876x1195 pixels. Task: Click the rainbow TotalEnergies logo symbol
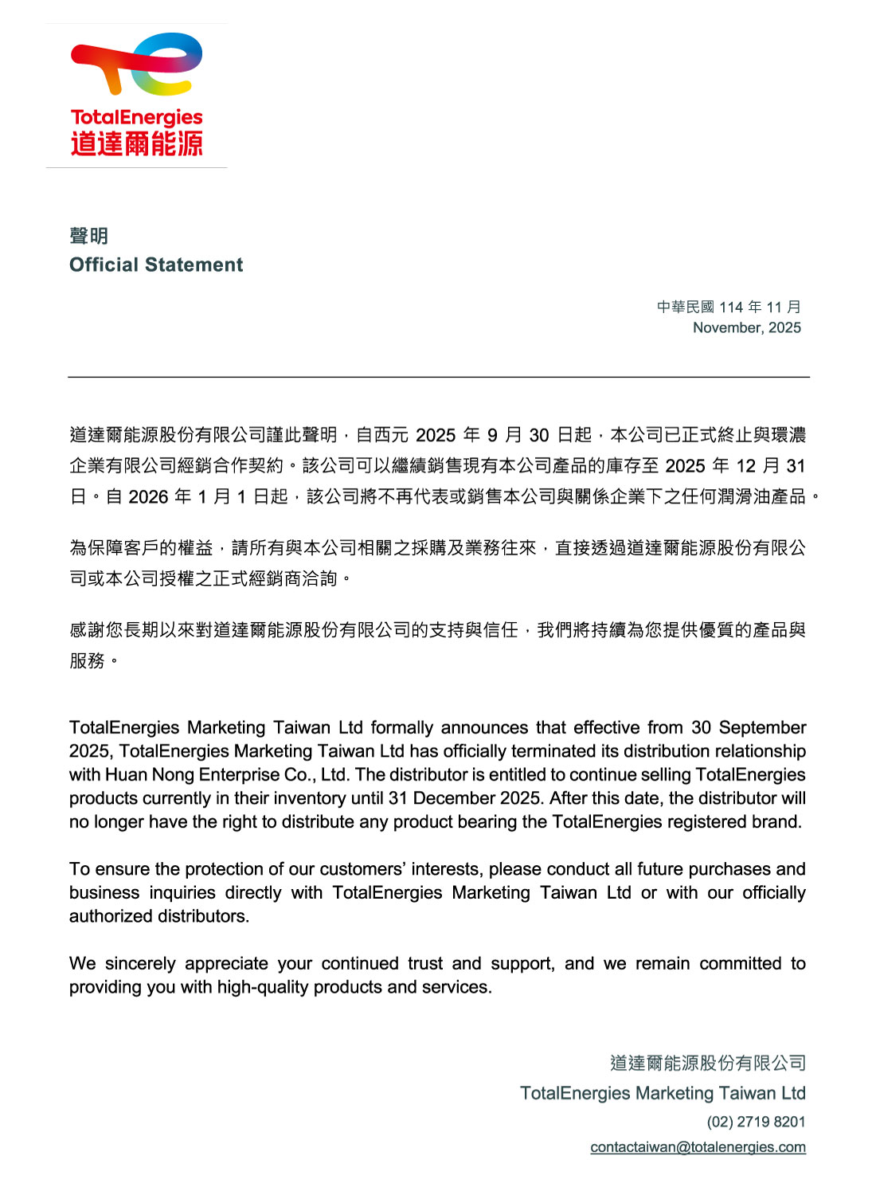[x=137, y=64]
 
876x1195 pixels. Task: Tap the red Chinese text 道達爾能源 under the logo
[x=137, y=144]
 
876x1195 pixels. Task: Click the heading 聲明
[x=88, y=236]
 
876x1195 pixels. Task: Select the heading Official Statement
[x=156, y=264]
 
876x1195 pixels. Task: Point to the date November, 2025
[x=746, y=327]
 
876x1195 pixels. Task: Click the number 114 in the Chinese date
[x=730, y=308]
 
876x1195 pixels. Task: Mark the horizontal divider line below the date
[x=438, y=377]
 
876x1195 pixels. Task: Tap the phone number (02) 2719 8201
[x=756, y=1122]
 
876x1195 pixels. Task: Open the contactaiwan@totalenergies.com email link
[x=698, y=1147]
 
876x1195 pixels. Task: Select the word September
[x=762, y=727]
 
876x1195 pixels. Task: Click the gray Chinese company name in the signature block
[x=707, y=1063]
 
